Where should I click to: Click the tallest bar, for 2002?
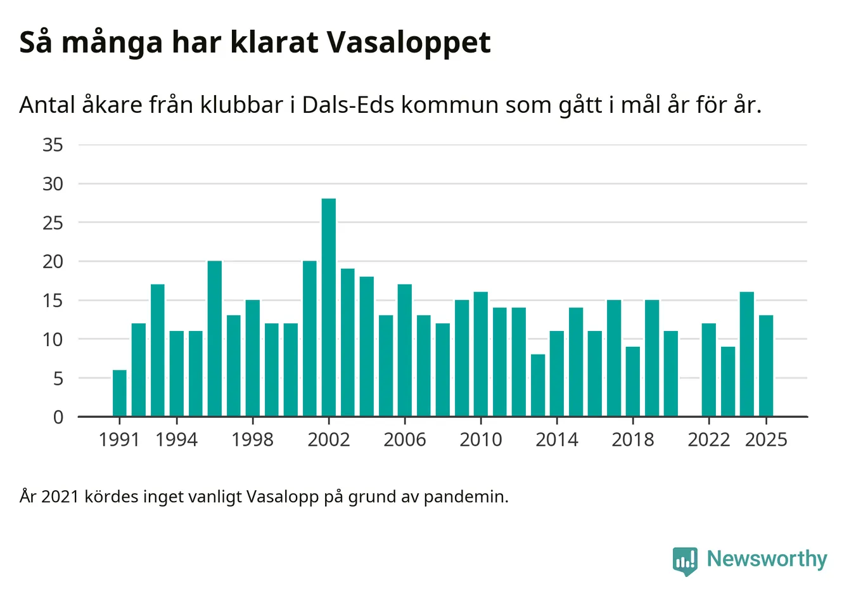(x=329, y=308)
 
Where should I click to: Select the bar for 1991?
(x=120, y=393)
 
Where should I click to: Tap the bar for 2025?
(x=766, y=366)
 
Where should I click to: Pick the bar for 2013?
(x=538, y=385)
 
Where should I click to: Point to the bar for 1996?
(x=215, y=339)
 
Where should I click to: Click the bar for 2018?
(x=633, y=382)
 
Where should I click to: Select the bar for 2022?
(x=709, y=370)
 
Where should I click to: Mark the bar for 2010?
(x=481, y=354)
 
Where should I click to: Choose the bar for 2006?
(x=405, y=351)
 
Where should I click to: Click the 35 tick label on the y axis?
(x=53, y=145)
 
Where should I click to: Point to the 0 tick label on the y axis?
(x=58, y=417)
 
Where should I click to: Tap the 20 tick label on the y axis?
(x=53, y=261)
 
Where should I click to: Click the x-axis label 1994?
(x=176, y=439)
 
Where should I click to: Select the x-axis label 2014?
(x=557, y=439)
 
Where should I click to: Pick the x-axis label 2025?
(x=766, y=439)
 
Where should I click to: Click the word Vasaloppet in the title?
(x=409, y=43)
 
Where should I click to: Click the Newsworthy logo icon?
(x=685, y=560)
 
